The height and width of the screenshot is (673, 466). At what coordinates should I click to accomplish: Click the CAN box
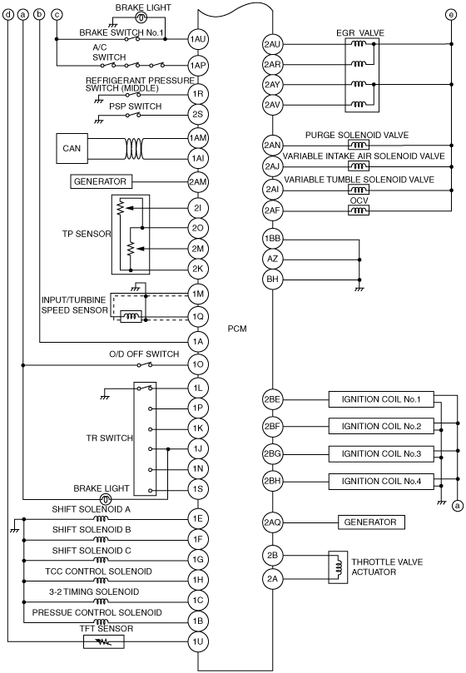[72, 149]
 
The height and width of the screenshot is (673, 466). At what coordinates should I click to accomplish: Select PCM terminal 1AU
[197, 39]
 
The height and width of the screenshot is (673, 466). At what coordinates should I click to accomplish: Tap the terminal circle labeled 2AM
[197, 182]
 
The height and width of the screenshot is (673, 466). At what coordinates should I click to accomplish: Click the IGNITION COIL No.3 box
[381, 453]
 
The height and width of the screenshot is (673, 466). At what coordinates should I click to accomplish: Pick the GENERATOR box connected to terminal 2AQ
[371, 522]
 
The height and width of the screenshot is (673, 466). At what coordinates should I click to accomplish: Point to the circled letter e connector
[450, 15]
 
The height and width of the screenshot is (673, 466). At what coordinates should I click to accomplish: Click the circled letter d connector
[8, 15]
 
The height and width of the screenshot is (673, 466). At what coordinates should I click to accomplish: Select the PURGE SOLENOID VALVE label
[357, 135]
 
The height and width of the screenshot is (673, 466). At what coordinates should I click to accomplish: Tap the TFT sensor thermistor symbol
[103, 642]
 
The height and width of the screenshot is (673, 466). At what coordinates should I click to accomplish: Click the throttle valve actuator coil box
[338, 567]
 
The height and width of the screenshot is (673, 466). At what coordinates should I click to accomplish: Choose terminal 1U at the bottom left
[197, 641]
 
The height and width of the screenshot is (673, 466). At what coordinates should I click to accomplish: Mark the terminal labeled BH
[272, 280]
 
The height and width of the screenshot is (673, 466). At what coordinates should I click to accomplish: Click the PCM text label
[237, 329]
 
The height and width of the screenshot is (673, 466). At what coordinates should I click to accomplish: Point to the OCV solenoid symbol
[359, 210]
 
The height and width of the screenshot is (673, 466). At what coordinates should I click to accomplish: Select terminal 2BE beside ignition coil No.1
[272, 399]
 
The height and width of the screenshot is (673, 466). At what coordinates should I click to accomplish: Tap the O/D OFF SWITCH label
[144, 354]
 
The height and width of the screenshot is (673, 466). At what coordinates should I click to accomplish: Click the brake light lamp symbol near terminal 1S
[106, 499]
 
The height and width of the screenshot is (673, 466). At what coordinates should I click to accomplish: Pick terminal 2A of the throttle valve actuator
[272, 578]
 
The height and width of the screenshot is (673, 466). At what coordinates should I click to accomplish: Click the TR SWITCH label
[110, 438]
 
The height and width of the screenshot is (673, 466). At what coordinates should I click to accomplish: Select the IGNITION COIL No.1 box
[381, 399]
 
